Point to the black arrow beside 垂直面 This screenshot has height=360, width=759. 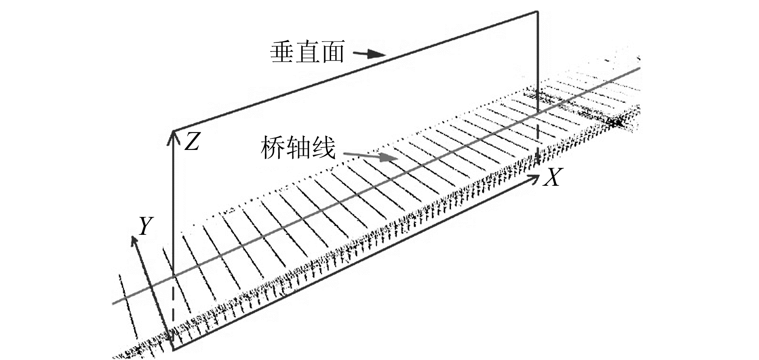[x=371, y=54]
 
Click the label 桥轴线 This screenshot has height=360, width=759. [x=297, y=148]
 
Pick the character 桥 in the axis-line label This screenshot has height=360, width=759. [x=273, y=148]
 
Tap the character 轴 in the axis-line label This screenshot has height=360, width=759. [x=298, y=148]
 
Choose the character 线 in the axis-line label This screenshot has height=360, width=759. [x=323, y=148]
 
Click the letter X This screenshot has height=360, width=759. [x=551, y=178]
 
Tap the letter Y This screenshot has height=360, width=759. [x=145, y=226]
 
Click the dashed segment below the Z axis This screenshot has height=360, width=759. [x=173, y=313]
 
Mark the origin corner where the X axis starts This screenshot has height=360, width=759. [x=173, y=351]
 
